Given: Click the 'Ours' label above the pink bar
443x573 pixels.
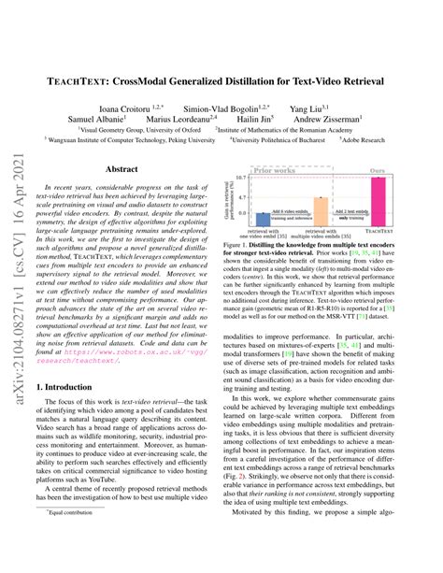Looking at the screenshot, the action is point(378,171).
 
